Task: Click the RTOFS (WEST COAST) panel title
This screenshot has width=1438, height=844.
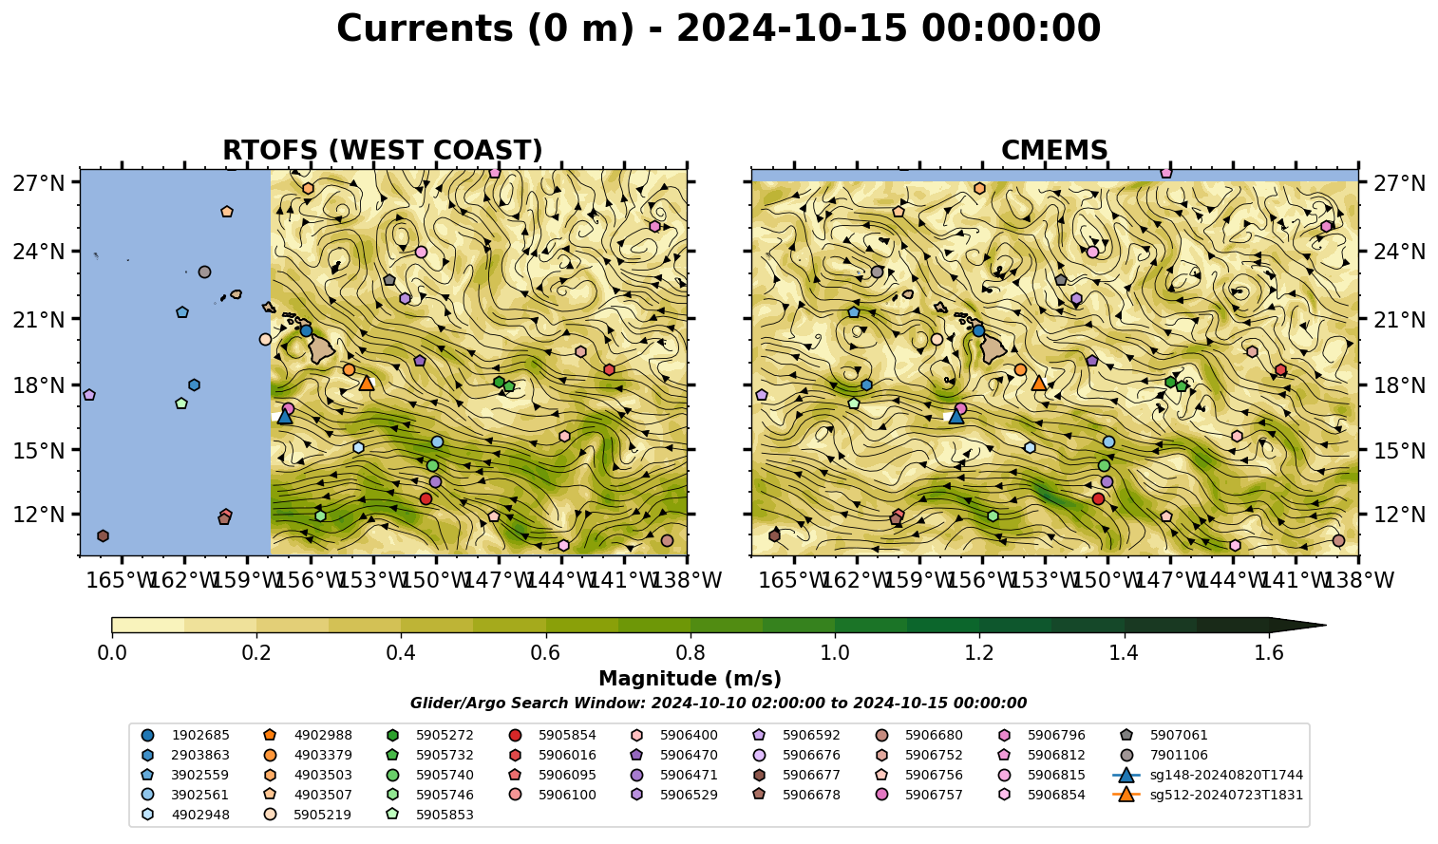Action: click(x=383, y=150)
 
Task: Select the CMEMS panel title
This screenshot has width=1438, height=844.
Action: click(x=1054, y=150)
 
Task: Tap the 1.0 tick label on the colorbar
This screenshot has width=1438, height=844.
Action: click(x=835, y=653)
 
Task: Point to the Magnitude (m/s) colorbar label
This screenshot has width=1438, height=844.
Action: click(x=691, y=679)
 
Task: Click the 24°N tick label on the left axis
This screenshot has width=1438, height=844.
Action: click(x=39, y=251)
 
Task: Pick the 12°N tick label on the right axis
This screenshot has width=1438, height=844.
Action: click(x=1398, y=515)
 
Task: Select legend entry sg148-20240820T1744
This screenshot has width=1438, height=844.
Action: click(x=1207, y=775)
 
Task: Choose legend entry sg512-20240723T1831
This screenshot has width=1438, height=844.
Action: click(x=1207, y=795)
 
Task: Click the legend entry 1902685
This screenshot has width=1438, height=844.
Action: click(x=185, y=735)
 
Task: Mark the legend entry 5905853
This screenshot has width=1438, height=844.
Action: click(x=429, y=815)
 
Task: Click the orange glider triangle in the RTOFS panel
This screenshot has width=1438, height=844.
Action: click(x=367, y=384)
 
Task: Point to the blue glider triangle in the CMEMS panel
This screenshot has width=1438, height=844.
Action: click(x=956, y=417)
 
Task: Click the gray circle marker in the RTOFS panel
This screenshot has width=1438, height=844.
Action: click(x=205, y=272)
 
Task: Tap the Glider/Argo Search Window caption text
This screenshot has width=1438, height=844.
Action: click(x=718, y=703)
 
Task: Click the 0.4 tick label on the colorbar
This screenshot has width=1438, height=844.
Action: click(x=401, y=653)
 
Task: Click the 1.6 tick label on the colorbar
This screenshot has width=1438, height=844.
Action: click(x=1269, y=653)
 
